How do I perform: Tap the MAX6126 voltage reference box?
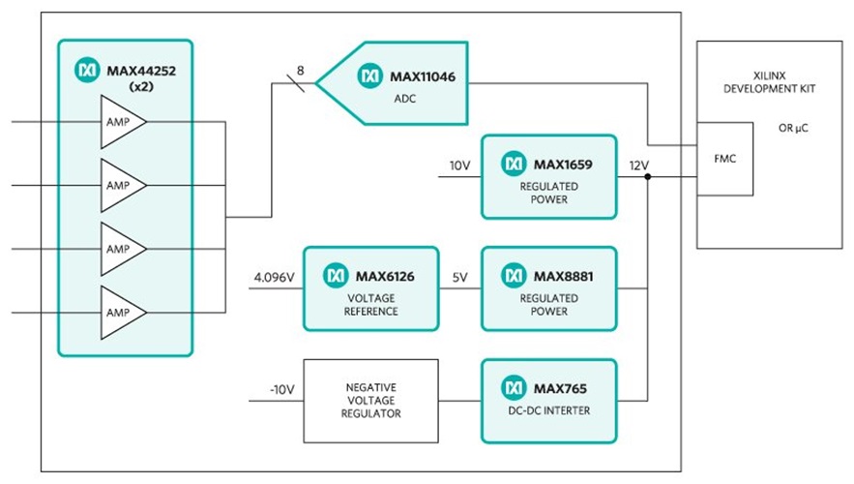coord(370,287)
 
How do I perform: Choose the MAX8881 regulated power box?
coord(547,287)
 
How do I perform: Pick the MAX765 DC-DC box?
coord(547,400)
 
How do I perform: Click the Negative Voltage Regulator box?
coord(370,400)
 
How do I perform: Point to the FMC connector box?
coord(724,159)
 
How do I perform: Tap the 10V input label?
coord(458,166)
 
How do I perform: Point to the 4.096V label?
coord(273,278)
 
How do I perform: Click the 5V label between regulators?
coord(459,278)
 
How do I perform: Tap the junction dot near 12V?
coord(646,176)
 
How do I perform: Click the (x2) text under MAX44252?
coord(141,86)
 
